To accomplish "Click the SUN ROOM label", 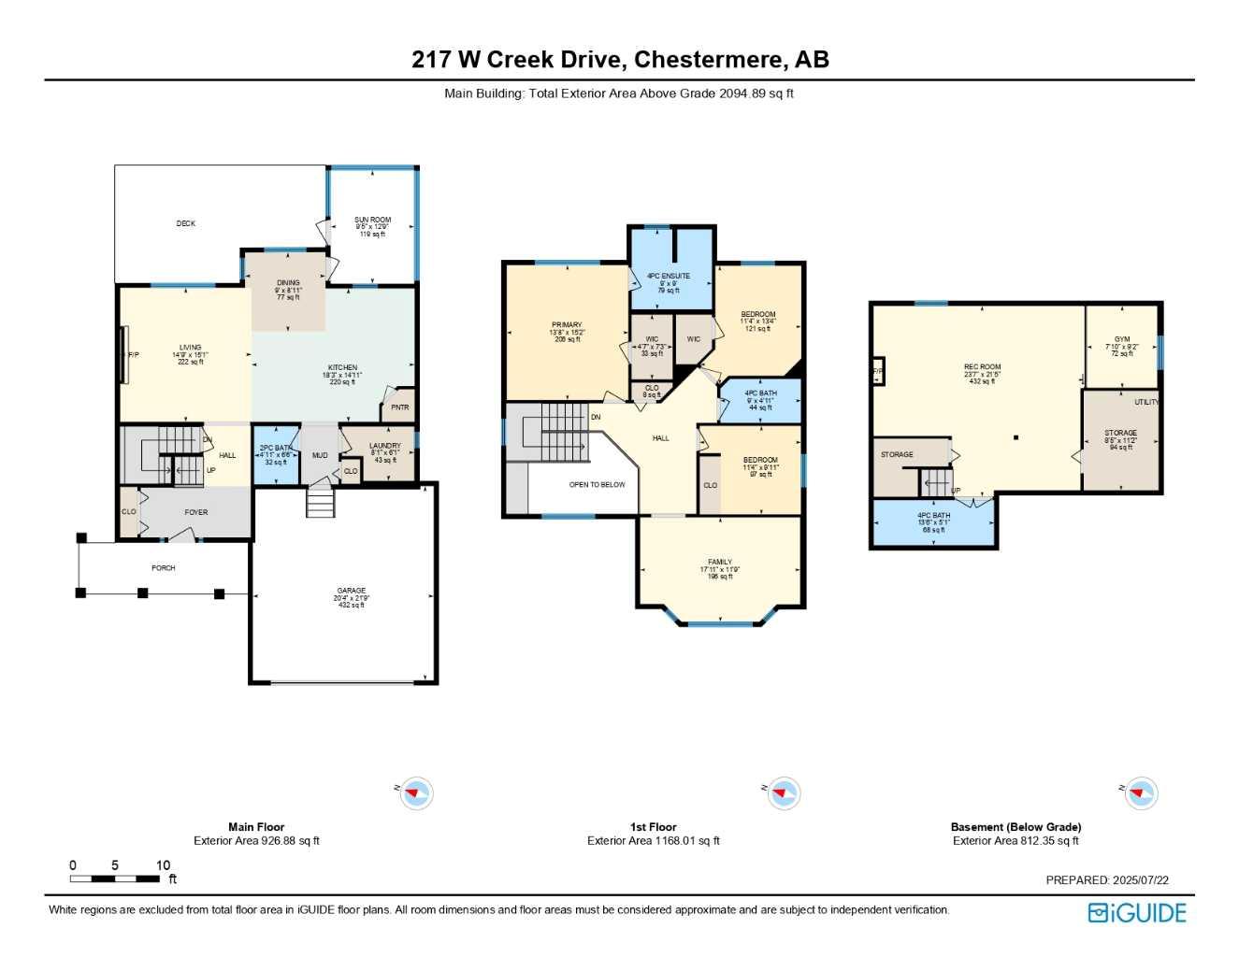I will pos(372,221).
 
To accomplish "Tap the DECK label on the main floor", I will pos(186,224).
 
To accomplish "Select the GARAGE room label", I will pos(352,592).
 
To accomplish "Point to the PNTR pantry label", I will pos(399,407).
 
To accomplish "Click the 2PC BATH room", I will pos(276,455).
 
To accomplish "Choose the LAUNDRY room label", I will pos(385,447).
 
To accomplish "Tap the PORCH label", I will pos(164,568).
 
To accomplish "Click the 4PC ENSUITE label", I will pos(669,277).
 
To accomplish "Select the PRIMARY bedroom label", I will pos(567,325).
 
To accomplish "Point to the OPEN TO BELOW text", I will pos(598,485).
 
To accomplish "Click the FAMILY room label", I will pos(720,563).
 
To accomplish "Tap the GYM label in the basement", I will pos(1122,340).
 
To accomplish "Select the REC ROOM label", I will pos(983,367).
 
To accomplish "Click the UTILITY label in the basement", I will pos(1146,403).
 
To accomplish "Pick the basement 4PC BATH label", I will pos(934,516).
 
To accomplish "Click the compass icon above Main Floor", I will pos(416,793).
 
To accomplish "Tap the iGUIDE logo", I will pos(1137,913).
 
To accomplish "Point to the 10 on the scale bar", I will pos(164,865).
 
